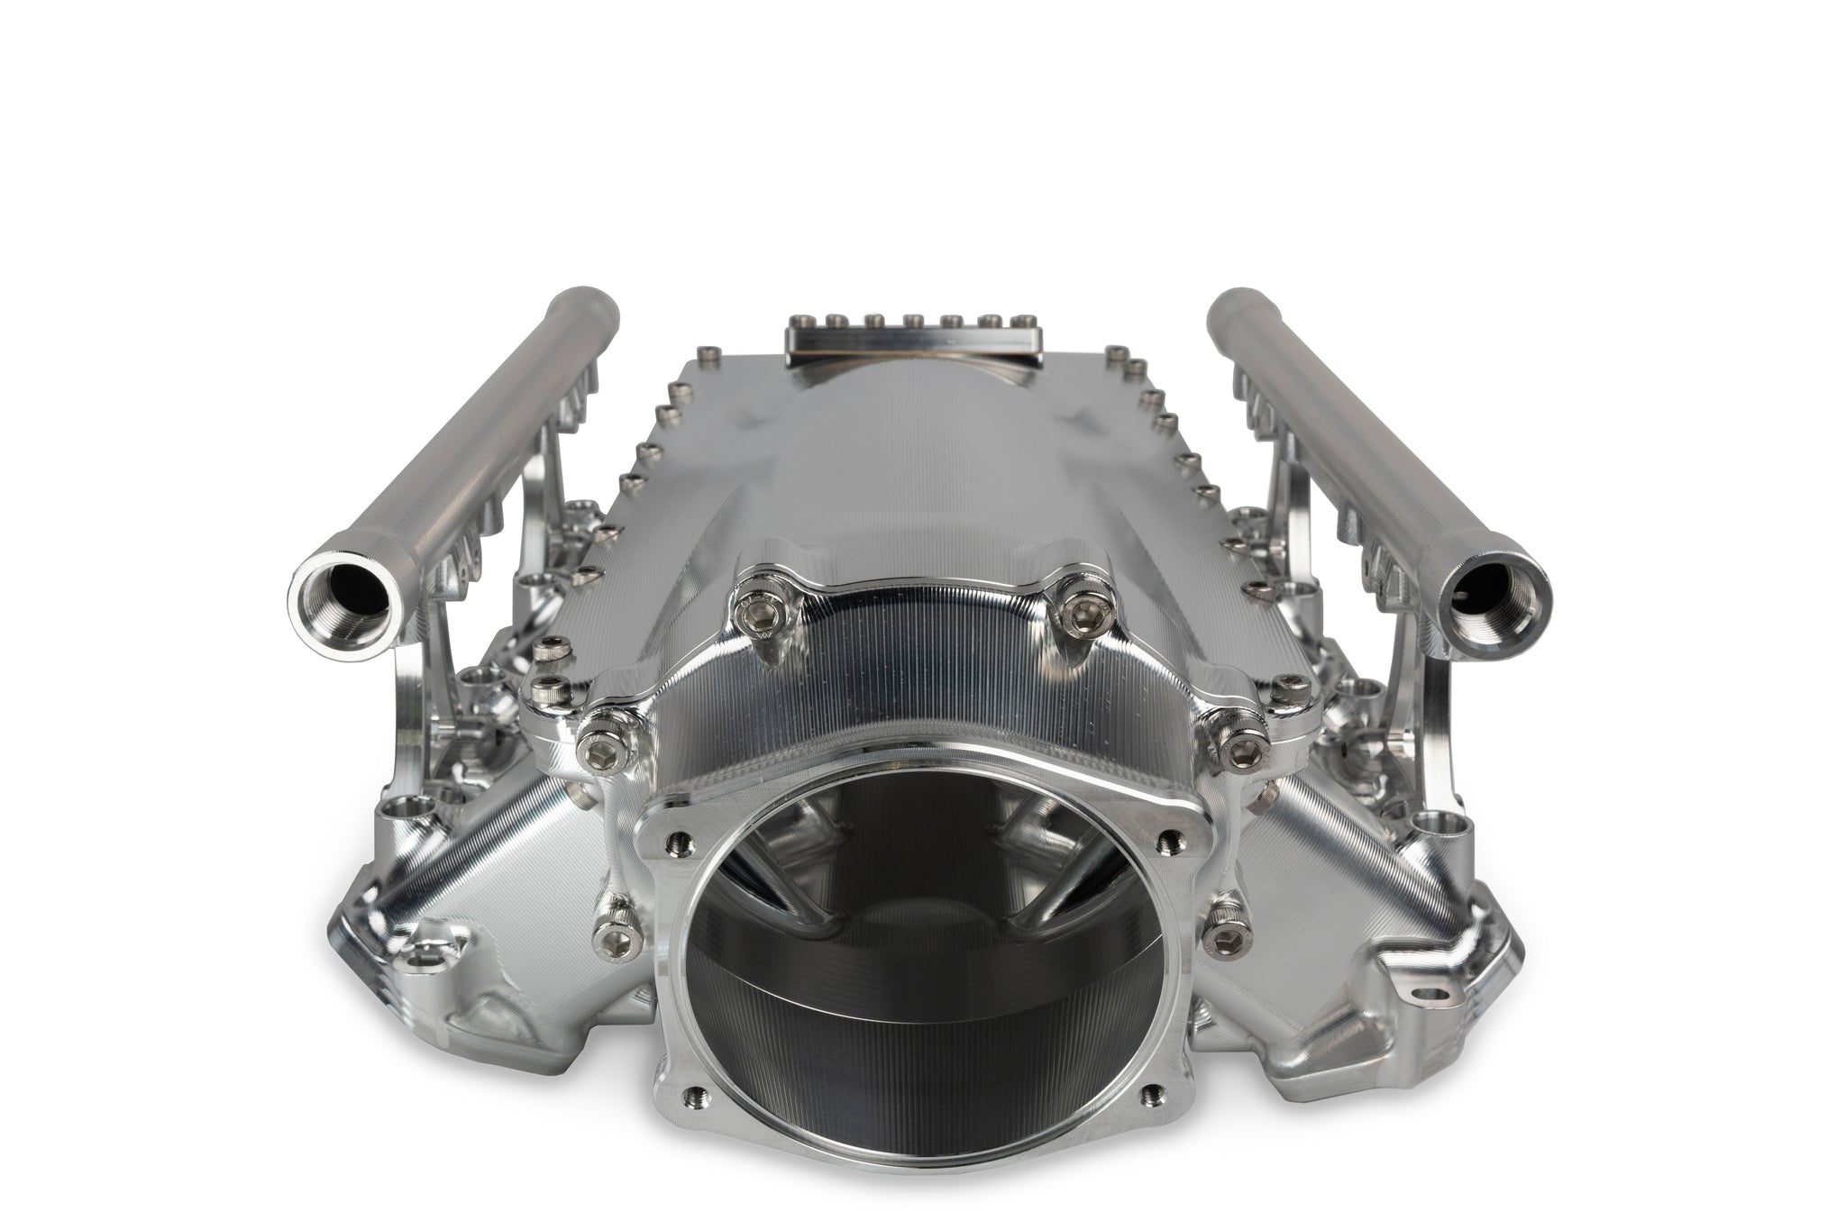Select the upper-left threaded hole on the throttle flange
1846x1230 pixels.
tap(679, 841)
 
